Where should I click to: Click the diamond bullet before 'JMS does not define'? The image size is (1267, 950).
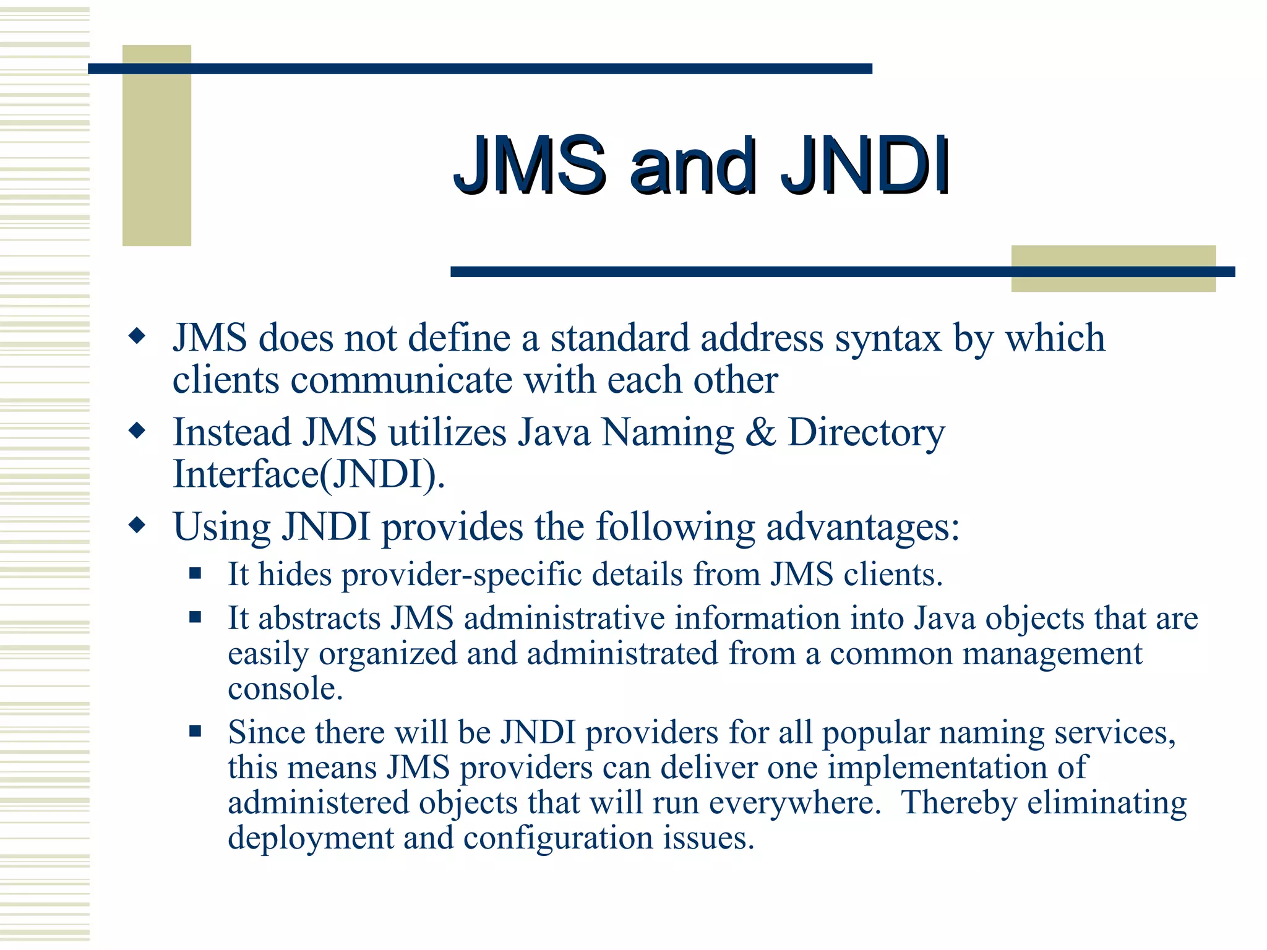(137, 337)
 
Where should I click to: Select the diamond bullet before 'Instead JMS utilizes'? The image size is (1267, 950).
(137, 430)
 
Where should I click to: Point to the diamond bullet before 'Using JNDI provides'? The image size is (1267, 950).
(137, 526)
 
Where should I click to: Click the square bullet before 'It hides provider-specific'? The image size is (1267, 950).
(195, 573)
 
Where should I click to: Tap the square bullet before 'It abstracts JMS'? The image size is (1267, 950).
(195, 617)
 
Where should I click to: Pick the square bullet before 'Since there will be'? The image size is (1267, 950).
(195, 732)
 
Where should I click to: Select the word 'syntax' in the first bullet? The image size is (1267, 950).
(888, 339)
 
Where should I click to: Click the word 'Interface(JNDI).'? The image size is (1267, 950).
(309, 474)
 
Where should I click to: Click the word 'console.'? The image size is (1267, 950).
(285, 688)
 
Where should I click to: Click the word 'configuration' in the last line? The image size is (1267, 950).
(558, 839)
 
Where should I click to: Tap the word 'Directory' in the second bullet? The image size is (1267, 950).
(866, 433)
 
